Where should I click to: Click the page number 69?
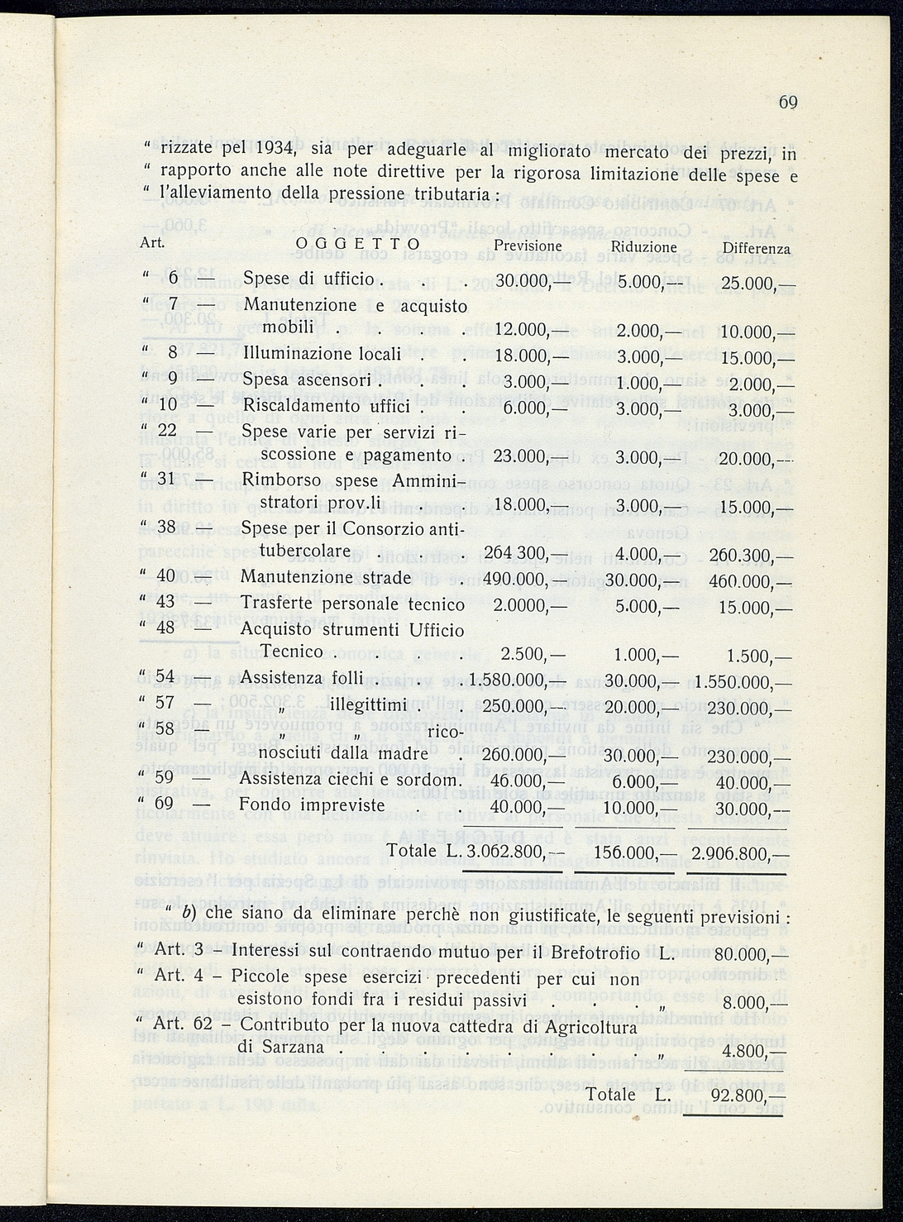tap(786, 103)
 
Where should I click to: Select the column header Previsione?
tap(528, 246)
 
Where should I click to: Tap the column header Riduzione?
tap(643, 247)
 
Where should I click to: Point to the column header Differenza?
tap(756, 248)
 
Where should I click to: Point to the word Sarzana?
tap(293, 1047)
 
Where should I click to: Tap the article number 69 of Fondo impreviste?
tap(164, 804)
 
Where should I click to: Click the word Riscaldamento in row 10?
tap(298, 407)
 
